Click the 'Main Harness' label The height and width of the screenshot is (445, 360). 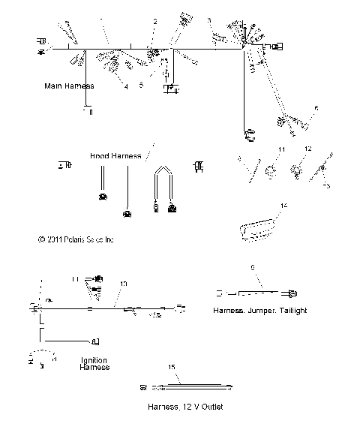(68, 87)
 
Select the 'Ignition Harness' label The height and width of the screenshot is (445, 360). (94, 363)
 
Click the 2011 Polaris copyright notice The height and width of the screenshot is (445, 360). (75, 240)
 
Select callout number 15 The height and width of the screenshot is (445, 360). (172, 367)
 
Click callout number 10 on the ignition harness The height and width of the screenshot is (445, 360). (123, 284)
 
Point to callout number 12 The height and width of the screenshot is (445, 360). (307, 149)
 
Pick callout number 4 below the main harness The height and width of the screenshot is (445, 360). (126, 87)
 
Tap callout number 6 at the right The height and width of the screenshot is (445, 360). (316, 109)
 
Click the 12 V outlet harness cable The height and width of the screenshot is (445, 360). (195, 387)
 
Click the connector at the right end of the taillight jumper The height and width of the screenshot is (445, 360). (294, 292)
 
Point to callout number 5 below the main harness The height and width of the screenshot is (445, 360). (140, 85)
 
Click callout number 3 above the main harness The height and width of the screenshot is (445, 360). (209, 20)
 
